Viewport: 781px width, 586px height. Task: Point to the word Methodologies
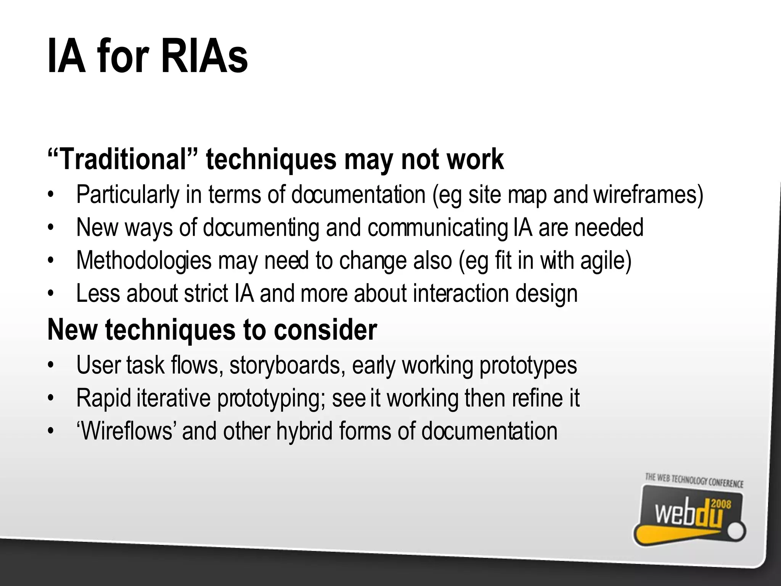(x=144, y=261)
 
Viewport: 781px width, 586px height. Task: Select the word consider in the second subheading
(x=325, y=330)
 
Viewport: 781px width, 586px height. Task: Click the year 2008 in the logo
(x=721, y=505)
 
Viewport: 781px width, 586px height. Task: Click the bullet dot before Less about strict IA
(x=50, y=294)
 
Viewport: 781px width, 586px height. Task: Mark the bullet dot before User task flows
(x=50, y=365)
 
